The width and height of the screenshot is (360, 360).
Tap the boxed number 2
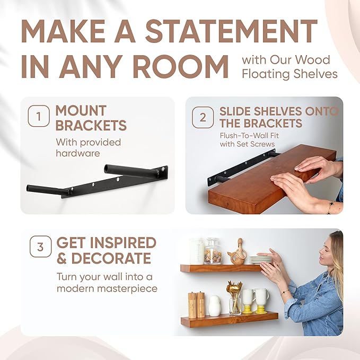click(x=203, y=117)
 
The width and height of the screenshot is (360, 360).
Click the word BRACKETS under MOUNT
click(x=91, y=126)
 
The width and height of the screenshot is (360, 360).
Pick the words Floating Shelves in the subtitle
click(x=289, y=74)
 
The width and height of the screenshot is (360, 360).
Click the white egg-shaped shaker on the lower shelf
click(x=215, y=306)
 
